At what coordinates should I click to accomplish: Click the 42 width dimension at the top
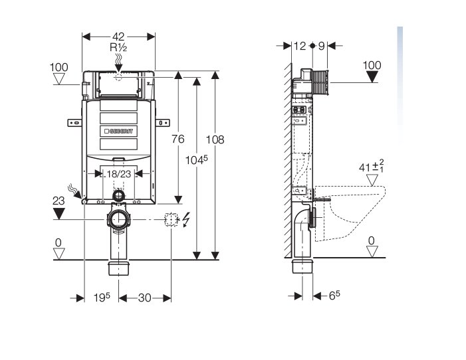tap(118, 37)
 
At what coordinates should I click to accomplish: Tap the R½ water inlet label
tap(118, 47)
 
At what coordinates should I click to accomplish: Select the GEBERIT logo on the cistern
tap(118, 131)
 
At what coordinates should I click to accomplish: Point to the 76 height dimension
tap(177, 139)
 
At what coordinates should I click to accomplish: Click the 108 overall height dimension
tap(215, 139)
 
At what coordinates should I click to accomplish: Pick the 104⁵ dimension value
tap(197, 160)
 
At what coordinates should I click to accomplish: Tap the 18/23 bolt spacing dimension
tap(118, 174)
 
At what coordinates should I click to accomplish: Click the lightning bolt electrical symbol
tap(185, 219)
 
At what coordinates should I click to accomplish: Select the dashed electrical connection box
tap(172, 219)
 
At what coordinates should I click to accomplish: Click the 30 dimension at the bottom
tap(144, 298)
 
